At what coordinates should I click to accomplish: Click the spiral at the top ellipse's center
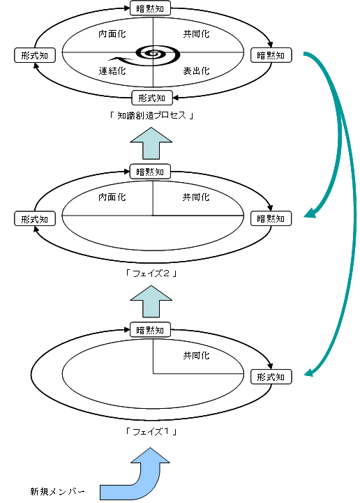pos(157,54)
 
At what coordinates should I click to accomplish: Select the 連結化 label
pos(112,71)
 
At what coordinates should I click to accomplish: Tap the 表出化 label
pos(196,71)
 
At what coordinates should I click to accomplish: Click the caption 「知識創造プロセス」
pos(151,115)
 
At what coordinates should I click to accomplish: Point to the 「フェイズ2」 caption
pos(151,273)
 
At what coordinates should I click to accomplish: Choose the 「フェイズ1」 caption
pos(151,431)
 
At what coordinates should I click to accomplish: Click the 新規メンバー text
pos(58,491)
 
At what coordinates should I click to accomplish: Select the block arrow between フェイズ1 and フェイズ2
pos(151,301)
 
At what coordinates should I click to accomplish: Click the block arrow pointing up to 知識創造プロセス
pos(151,143)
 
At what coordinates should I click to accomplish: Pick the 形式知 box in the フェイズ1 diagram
pos(271,377)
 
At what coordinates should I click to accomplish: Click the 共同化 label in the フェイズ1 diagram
pos(196,355)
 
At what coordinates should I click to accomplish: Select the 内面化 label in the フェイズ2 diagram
pos(112,197)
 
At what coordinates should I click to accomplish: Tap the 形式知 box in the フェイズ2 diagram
pos(35,219)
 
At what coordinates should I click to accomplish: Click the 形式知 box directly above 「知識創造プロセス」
pos(152,98)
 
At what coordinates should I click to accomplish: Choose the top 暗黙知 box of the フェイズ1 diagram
pos(150,330)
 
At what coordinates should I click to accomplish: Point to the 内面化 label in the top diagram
pos(112,33)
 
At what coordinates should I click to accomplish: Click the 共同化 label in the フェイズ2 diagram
pos(196,197)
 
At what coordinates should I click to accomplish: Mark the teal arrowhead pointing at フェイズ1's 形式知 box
pos(308,373)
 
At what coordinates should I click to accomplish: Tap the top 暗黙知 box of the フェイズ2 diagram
pos(150,172)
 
